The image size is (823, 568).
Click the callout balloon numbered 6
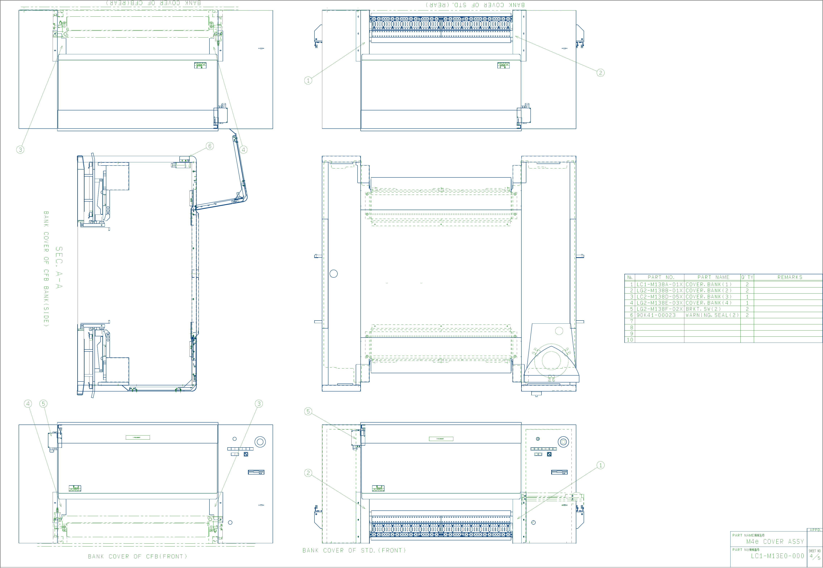(210, 146)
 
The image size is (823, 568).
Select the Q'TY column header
(747, 277)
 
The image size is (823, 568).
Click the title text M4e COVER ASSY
(775, 542)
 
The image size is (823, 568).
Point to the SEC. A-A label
(59, 268)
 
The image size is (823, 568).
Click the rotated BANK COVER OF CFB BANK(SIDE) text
(46, 269)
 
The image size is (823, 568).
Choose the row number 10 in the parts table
(630, 340)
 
